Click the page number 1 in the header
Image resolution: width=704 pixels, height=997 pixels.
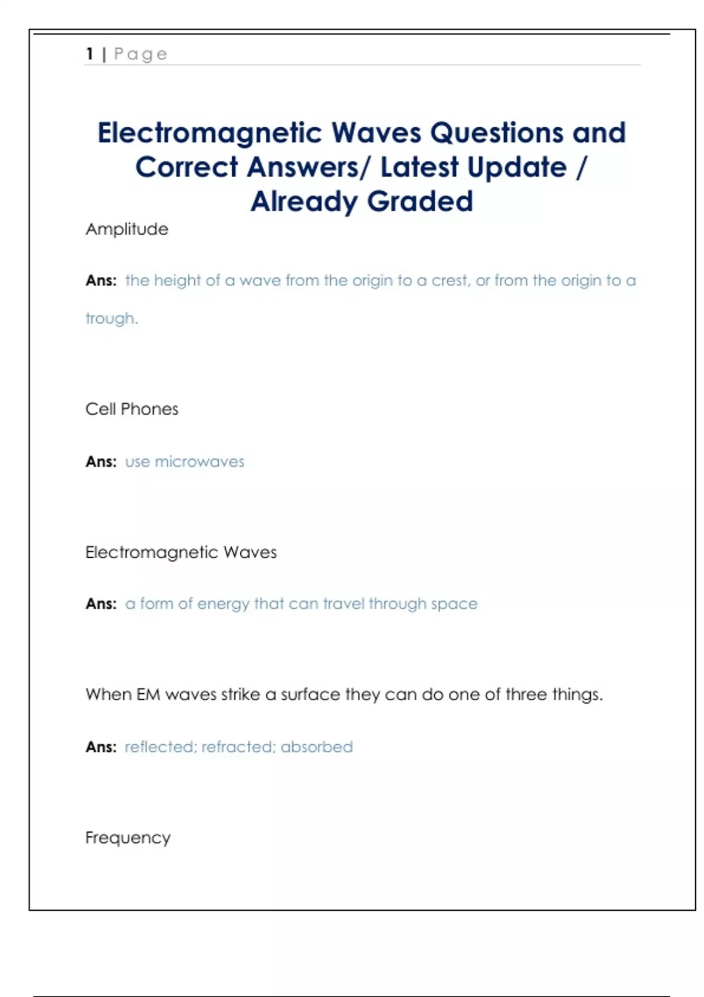(90, 54)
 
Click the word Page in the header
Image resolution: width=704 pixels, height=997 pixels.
(141, 54)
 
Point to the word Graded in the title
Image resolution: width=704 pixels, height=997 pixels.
(420, 202)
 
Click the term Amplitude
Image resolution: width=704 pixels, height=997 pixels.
(127, 229)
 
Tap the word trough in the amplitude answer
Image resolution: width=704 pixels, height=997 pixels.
(110, 318)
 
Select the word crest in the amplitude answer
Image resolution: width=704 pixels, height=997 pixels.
(450, 280)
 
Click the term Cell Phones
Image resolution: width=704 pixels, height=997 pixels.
(132, 409)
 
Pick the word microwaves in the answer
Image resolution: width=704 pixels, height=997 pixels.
(199, 462)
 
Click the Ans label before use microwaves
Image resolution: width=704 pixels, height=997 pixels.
(101, 462)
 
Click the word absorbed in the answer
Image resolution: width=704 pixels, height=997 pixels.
(317, 747)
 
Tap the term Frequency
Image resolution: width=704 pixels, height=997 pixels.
(128, 837)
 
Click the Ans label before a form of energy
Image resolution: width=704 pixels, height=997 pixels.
(101, 603)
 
